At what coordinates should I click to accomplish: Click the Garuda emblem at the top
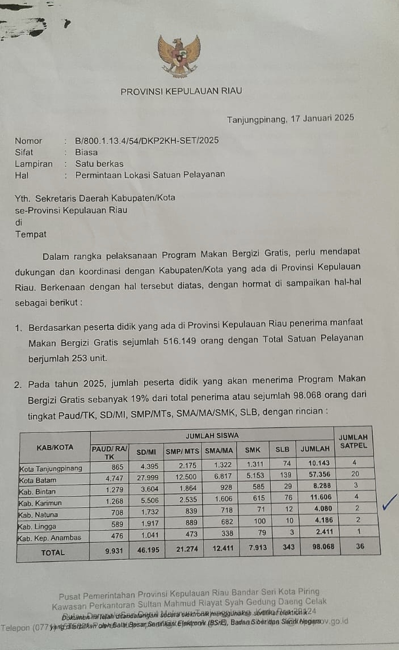pos(179,56)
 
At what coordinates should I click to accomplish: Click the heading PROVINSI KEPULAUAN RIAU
pos(181,92)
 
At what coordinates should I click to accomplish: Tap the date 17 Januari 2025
pos(322,118)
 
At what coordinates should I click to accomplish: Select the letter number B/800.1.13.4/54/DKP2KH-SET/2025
pos(147,141)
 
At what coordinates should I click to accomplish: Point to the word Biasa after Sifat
pos(86,152)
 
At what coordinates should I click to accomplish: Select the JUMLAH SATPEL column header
pos(353,441)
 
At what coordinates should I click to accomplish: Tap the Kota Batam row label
pos(40,479)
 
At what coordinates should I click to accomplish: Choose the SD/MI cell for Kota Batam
pos(147,479)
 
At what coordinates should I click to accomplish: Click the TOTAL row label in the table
pos(53,552)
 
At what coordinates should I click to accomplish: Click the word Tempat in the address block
pos(31,234)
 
